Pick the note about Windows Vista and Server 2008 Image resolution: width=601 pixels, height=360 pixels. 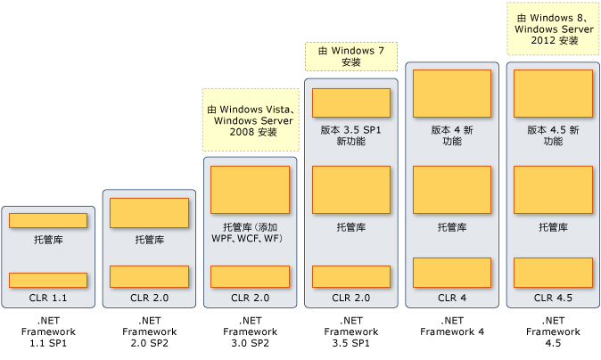coord(250,119)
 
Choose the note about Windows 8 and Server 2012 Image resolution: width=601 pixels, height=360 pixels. coord(553,29)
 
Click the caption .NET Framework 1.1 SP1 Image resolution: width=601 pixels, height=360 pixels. coord(47,331)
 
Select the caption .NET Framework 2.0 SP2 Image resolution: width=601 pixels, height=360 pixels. coord(148,331)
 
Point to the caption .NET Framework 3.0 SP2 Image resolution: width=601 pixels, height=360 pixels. coord(250,331)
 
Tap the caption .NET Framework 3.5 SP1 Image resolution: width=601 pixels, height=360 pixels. coord(350,331)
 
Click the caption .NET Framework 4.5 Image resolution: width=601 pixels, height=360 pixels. coord(553,331)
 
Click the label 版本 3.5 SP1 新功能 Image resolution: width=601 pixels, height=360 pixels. coord(350,135)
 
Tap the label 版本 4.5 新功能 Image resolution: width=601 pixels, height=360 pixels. coord(553,135)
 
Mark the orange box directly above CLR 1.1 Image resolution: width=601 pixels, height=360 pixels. coord(47,280)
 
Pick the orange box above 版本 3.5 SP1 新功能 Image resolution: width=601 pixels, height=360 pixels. coord(350,102)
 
